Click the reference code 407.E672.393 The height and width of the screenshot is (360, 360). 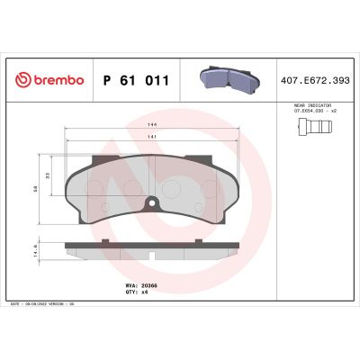click(x=316, y=80)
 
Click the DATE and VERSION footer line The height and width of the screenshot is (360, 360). click(x=45, y=303)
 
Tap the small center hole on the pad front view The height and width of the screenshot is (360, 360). click(x=152, y=201)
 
